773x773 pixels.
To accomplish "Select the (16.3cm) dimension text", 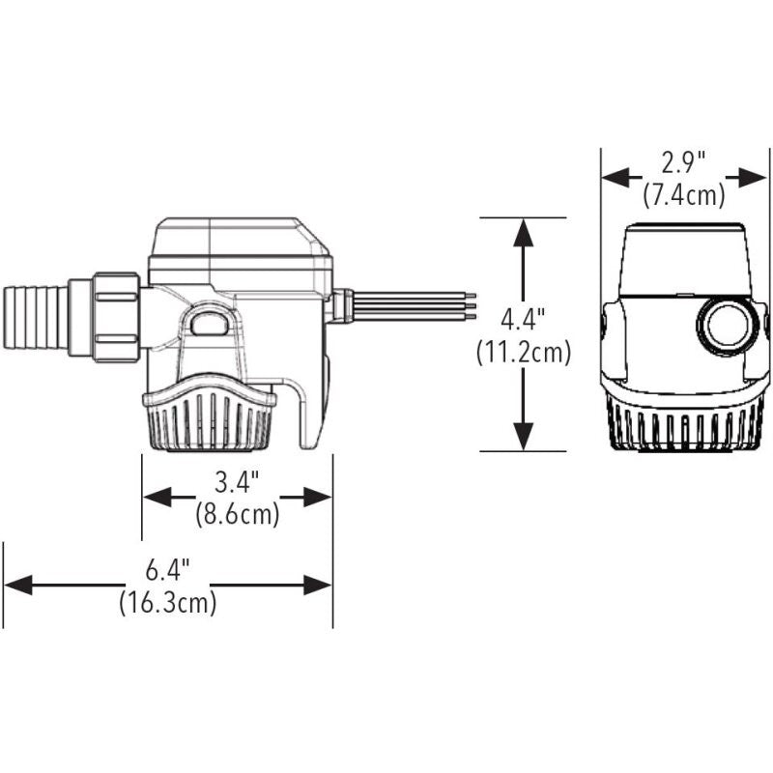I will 167,605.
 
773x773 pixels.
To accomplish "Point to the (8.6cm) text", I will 237,515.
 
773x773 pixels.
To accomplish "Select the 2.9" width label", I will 683,161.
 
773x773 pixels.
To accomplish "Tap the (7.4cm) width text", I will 683,195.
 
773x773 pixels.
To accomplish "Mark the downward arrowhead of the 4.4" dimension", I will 524,439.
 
